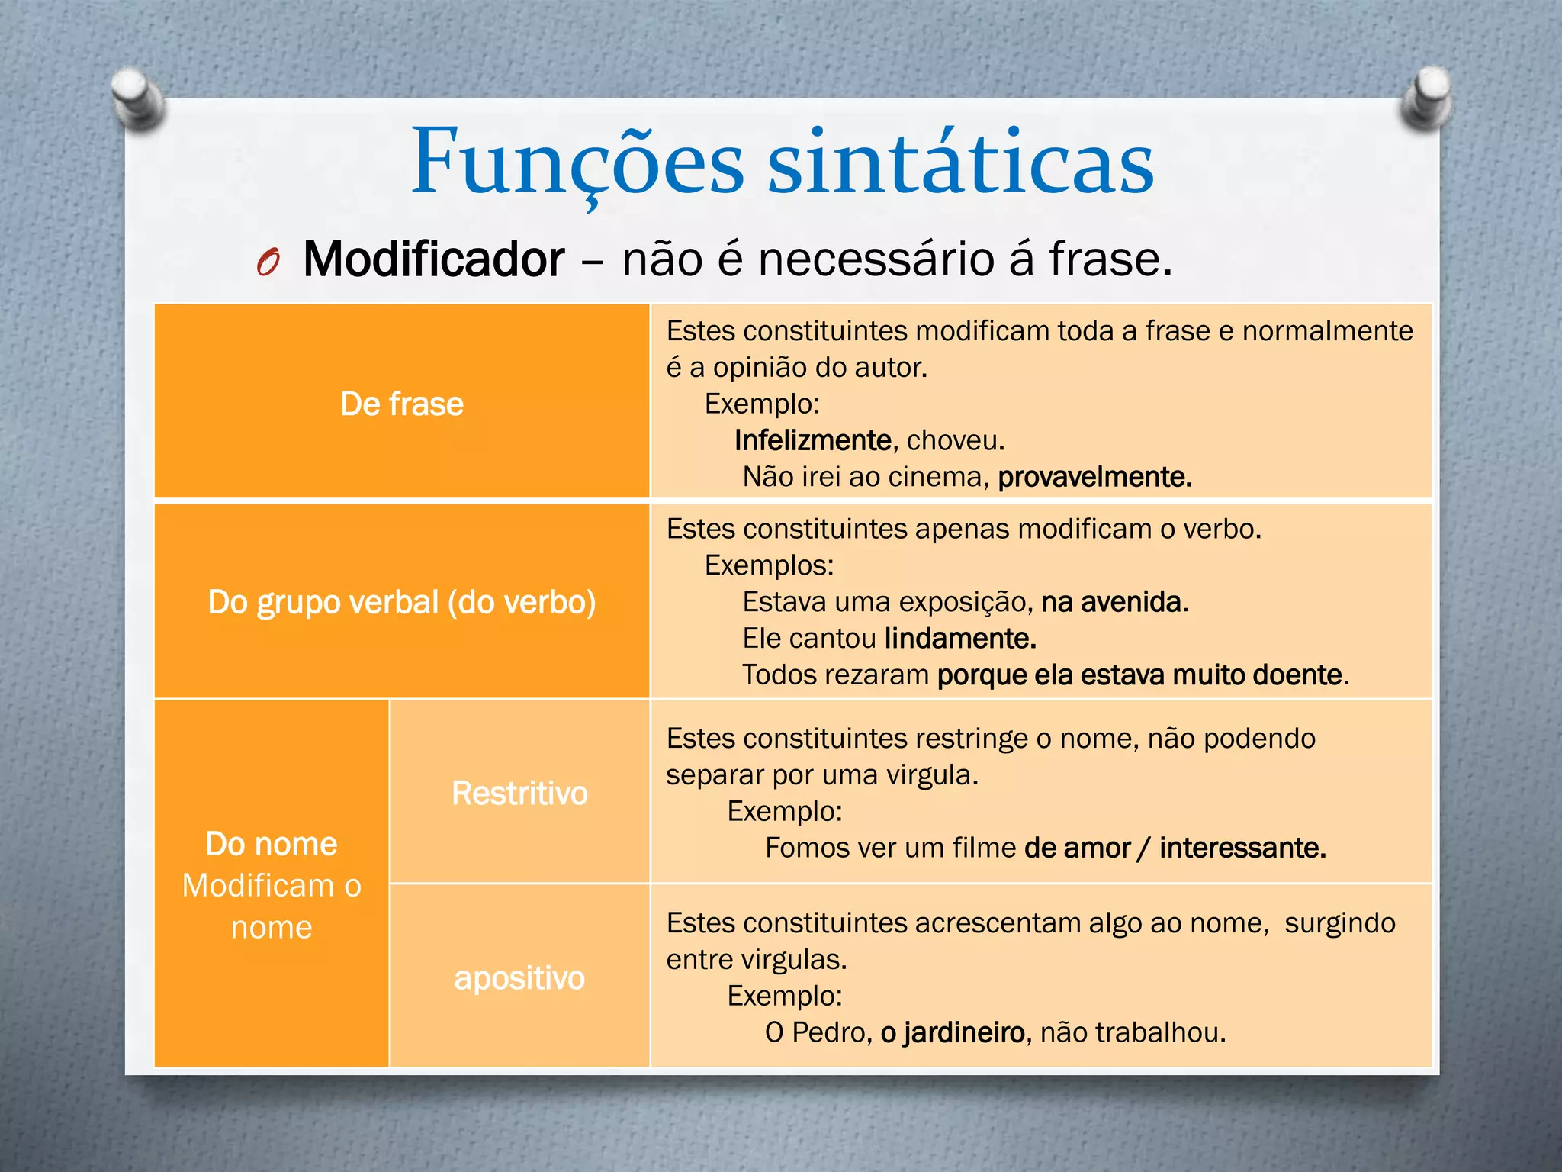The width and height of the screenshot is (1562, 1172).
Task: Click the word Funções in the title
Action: click(577, 163)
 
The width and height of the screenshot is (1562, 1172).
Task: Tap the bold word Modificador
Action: click(433, 259)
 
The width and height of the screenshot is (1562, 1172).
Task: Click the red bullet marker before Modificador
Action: click(268, 262)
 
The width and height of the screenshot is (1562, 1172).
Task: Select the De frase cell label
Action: click(401, 404)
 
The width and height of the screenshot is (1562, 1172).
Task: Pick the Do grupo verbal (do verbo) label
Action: click(401, 602)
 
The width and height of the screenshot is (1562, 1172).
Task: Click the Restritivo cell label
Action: click(519, 793)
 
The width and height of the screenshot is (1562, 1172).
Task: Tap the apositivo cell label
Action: click(519, 978)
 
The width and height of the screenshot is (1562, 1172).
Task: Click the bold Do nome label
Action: click(272, 844)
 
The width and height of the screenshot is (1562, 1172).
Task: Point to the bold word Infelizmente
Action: click(812, 440)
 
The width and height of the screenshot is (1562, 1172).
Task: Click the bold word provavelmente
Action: click(1094, 477)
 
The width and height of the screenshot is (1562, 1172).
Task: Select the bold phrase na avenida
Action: click(1113, 602)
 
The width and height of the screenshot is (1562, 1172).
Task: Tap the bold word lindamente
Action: click(959, 639)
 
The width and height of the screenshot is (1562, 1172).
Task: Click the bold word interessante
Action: click(1242, 848)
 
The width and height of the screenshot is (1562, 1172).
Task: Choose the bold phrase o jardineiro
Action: click(953, 1032)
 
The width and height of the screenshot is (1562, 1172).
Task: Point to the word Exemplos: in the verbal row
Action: click(769, 565)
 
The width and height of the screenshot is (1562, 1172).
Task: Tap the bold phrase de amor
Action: click(1077, 848)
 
